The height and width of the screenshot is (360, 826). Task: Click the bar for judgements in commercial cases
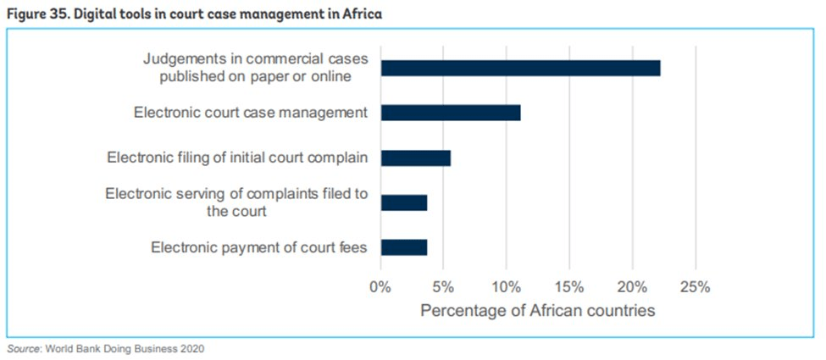click(x=520, y=69)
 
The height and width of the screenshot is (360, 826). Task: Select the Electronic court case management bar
click(x=450, y=113)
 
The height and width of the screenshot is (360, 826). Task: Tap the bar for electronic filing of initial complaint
click(x=415, y=158)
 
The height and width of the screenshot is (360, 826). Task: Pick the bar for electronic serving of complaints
click(x=403, y=202)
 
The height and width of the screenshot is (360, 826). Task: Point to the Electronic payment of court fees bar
click(x=403, y=247)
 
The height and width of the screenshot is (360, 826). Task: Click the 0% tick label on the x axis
click(x=380, y=285)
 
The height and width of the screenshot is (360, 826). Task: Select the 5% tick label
click(x=443, y=285)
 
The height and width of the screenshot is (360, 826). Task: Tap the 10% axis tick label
click(x=506, y=285)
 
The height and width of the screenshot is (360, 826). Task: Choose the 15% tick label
click(x=569, y=285)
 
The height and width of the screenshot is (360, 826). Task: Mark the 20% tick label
click(x=632, y=285)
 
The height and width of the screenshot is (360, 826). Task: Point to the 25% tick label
click(x=695, y=285)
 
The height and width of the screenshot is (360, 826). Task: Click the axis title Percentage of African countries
click(x=537, y=311)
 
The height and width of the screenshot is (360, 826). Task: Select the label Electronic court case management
click(x=251, y=113)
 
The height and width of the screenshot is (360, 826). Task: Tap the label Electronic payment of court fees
click(x=259, y=247)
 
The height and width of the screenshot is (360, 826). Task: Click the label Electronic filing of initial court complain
click(x=237, y=158)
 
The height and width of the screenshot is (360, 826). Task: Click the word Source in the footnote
click(x=22, y=348)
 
